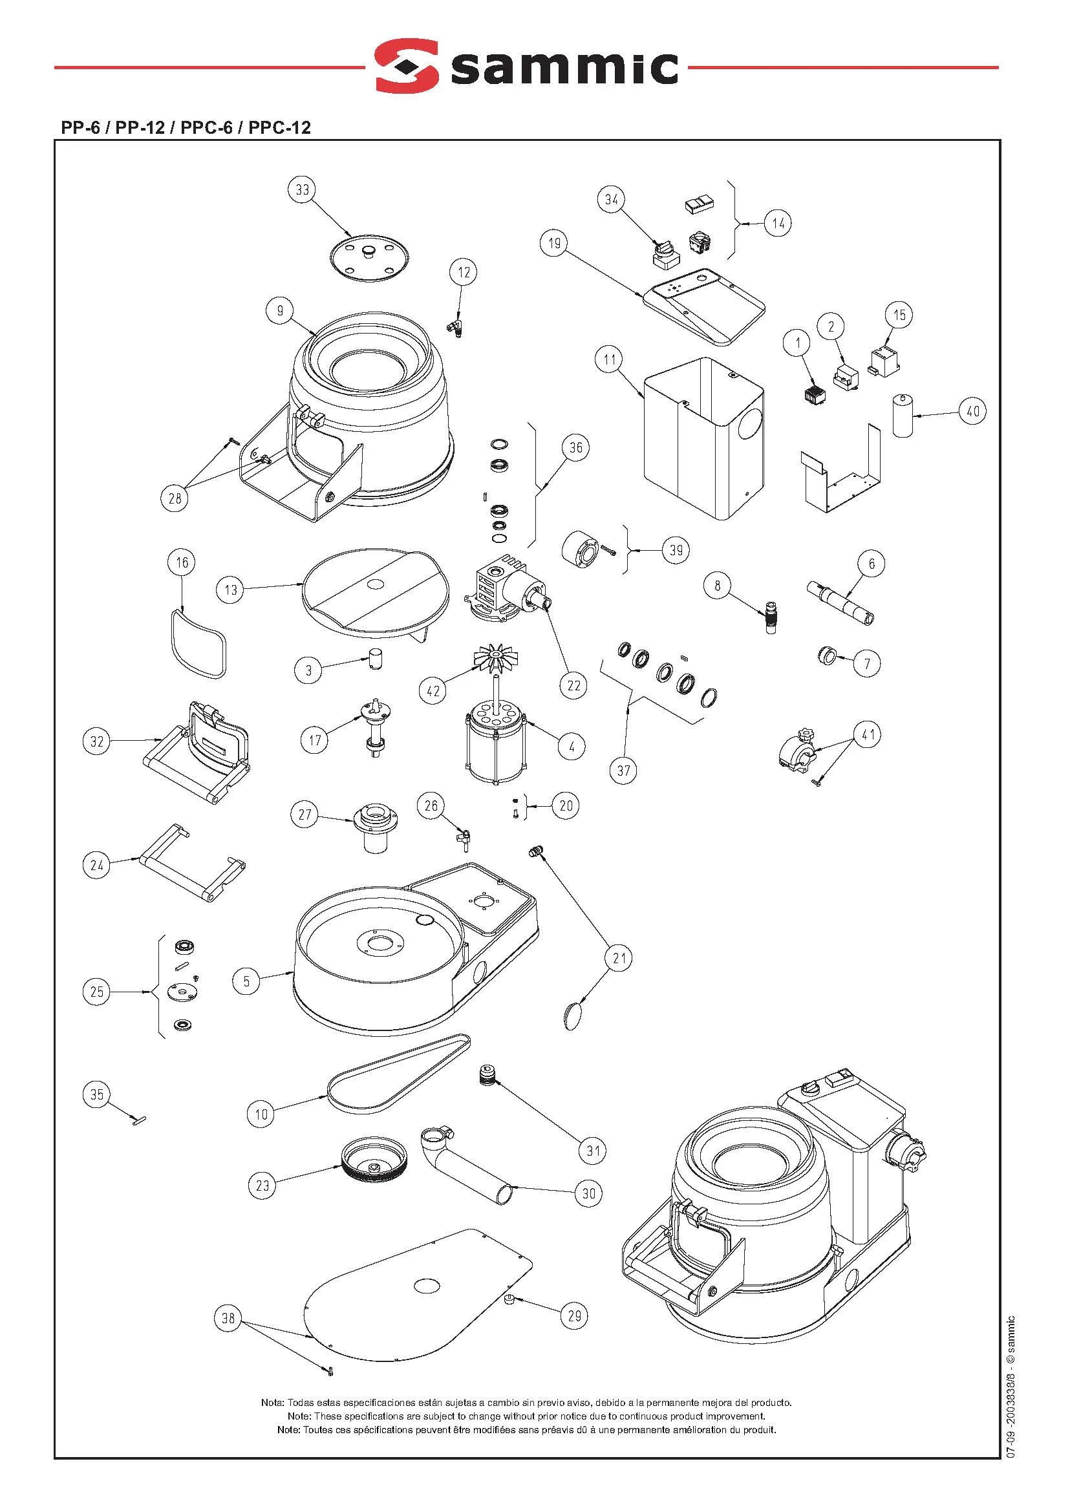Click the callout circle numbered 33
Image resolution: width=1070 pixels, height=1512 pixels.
point(302,190)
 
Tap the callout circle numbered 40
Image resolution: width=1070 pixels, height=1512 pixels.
point(973,411)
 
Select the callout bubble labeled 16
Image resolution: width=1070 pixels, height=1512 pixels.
point(182,562)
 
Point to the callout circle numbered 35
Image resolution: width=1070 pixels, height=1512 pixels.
point(97,1094)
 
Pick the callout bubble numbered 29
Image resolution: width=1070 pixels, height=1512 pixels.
point(574,1315)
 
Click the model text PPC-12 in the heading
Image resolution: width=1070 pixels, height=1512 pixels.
point(279,127)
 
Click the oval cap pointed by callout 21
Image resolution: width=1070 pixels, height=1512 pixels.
point(575,1016)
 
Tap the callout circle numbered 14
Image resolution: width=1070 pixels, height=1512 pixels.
point(779,223)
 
